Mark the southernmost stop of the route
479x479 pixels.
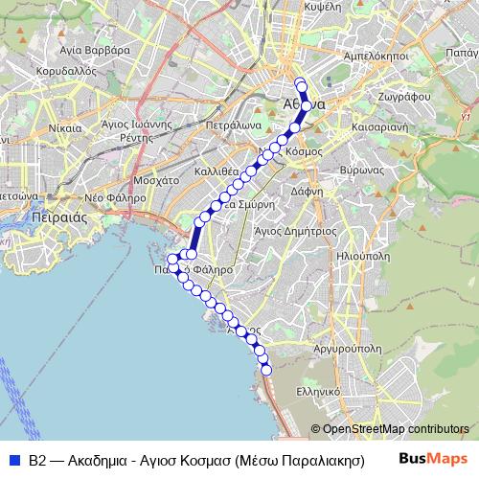tap(267, 370)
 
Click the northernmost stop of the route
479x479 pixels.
tap(300, 81)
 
